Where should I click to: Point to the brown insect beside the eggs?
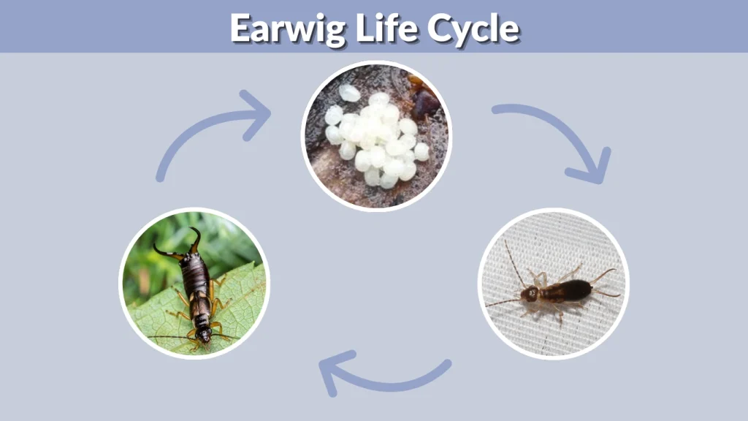click(424, 99)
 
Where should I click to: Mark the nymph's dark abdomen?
click(573, 289)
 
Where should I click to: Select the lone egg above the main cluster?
click(349, 93)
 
